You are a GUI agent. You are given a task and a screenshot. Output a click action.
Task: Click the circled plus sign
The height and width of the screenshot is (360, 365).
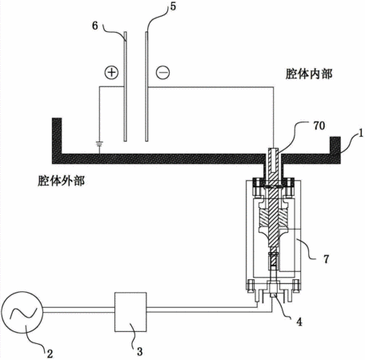point(111,73)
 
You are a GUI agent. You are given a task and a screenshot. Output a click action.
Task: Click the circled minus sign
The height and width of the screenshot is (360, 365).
point(162,73)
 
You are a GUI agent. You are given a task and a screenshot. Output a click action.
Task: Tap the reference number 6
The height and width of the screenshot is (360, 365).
point(95,26)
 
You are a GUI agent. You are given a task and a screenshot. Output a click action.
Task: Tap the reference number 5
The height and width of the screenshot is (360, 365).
point(173,6)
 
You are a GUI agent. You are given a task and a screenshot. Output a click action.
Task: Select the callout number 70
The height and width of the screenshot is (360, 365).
point(319,126)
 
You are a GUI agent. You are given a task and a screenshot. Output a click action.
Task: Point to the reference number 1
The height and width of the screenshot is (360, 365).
point(361,133)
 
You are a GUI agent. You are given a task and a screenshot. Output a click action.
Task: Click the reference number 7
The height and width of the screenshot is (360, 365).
point(326,259)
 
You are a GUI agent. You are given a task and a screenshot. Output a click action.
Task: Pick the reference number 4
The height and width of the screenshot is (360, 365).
point(299,322)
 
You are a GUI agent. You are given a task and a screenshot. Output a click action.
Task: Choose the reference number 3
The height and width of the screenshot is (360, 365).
point(140,351)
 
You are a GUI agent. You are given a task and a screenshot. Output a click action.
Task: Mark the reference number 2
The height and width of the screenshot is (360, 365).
point(50,354)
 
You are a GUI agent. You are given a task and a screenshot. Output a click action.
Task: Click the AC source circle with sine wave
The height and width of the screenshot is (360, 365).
point(22,312)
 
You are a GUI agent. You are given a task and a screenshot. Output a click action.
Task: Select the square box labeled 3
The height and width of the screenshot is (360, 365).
point(130,312)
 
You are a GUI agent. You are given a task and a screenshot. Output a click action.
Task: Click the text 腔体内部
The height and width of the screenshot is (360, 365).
point(309,74)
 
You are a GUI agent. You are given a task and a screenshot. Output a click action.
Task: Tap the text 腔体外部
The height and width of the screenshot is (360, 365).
point(61,181)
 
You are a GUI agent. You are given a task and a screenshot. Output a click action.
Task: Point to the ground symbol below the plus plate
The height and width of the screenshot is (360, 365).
point(99,144)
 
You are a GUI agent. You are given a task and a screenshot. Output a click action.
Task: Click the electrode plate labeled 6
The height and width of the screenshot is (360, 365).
point(125,86)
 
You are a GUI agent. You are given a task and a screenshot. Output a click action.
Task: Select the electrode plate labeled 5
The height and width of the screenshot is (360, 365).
point(146,86)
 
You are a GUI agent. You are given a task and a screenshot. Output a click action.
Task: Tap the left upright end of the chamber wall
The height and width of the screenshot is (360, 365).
point(57,136)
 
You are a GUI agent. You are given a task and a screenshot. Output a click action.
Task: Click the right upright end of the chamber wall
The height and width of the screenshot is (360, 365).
point(335,146)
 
